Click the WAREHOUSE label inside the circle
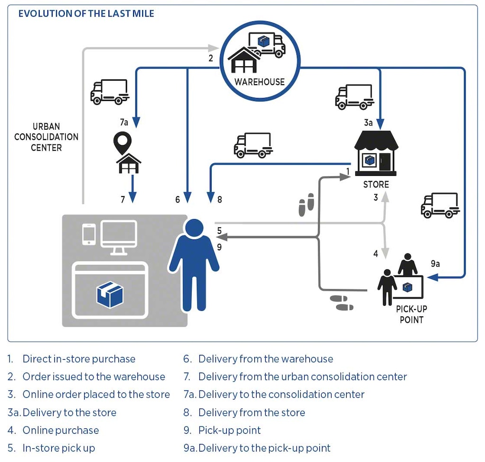[260, 82]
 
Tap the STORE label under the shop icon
[376, 185]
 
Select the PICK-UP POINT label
[412, 314]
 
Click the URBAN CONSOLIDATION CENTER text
[46, 137]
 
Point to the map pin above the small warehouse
[123, 142]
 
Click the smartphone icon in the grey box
[89, 234]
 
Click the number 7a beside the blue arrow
[124, 123]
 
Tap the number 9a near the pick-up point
[435, 264]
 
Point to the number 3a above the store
[368, 123]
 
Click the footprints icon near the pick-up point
[342, 302]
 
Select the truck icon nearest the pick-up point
[440, 205]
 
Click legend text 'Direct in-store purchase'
[79, 359]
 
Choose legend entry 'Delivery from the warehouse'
[265, 359]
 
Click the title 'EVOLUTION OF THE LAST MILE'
[86, 13]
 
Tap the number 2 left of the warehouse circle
[211, 59]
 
